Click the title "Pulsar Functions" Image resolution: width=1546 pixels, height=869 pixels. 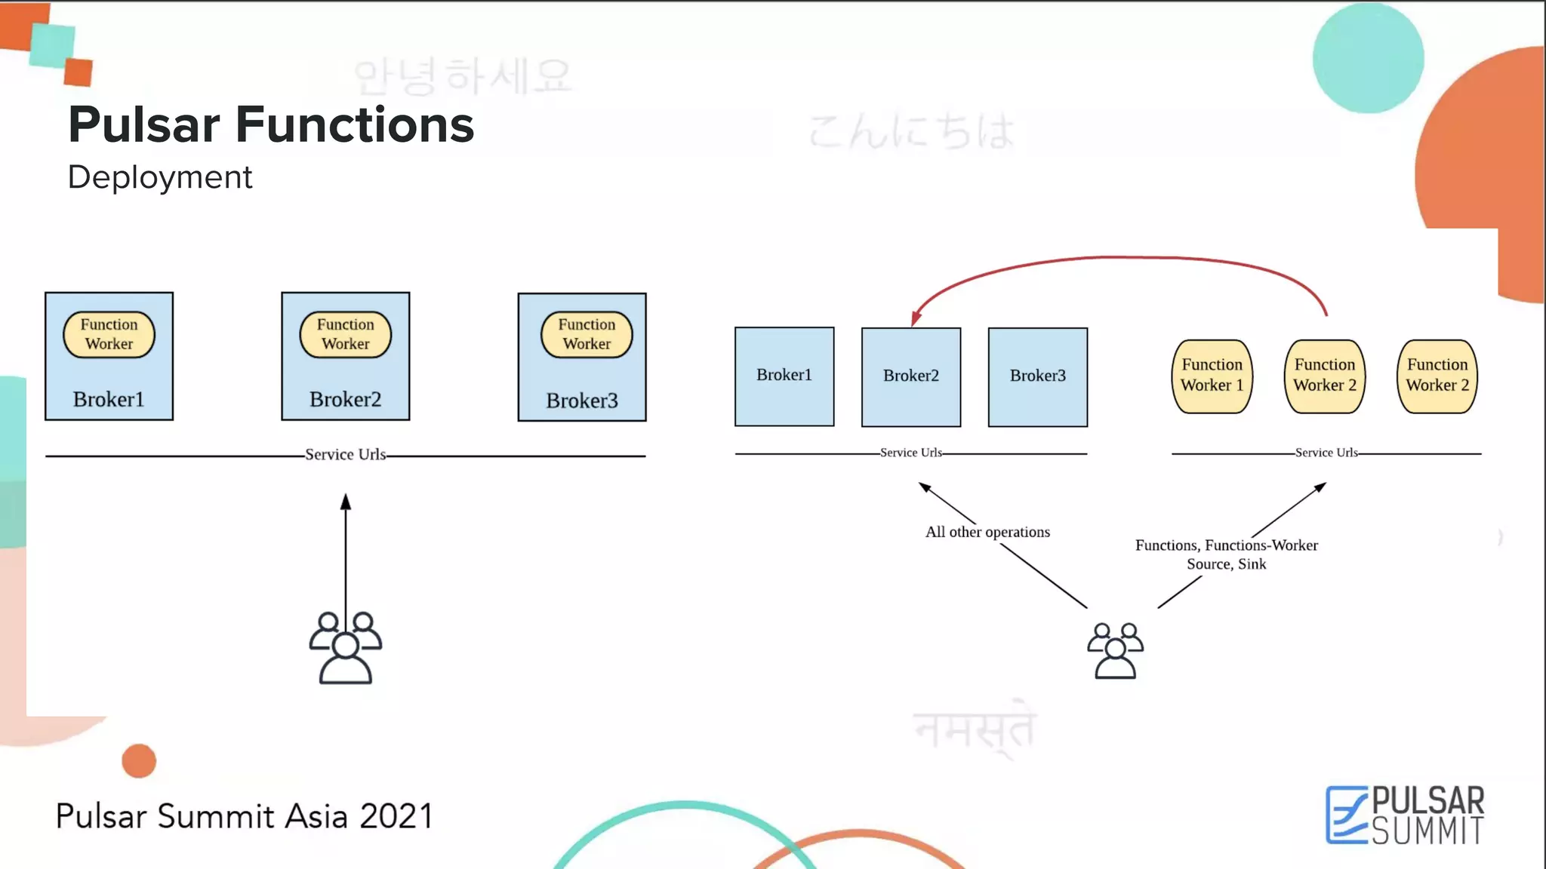point(271,124)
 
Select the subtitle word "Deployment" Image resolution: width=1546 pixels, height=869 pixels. point(160,177)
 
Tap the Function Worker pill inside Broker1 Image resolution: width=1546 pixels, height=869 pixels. point(109,334)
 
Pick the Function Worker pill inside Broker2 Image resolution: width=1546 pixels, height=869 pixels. point(346,334)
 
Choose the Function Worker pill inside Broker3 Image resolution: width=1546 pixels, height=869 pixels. point(587,334)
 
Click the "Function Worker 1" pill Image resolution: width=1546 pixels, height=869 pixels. point(1212,376)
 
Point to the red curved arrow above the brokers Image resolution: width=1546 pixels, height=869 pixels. point(1117,259)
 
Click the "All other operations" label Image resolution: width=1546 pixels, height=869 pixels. point(987,532)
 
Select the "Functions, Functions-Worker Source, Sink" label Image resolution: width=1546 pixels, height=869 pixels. point(1226,554)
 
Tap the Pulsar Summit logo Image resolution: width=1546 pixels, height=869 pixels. point(1405,815)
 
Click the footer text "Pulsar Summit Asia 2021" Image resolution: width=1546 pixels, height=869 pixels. point(245,816)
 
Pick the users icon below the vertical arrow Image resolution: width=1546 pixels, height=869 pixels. point(346,648)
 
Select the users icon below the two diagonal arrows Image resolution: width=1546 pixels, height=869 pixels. point(1115,650)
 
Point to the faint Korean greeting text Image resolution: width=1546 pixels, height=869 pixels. point(463,77)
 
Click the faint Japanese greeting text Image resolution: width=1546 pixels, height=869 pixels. point(911,132)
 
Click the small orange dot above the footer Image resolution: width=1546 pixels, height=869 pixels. point(139,760)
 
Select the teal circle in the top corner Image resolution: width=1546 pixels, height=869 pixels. point(1368,58)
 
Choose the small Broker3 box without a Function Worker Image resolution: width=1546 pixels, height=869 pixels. point(1037,376)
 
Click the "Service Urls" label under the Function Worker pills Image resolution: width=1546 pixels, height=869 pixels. point(1326,453)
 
